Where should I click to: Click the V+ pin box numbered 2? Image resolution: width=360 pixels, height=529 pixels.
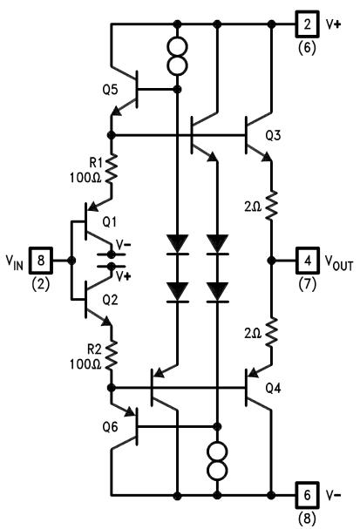click(x=307, y=24)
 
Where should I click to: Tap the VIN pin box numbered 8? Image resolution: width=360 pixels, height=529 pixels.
click(x=41, y=260)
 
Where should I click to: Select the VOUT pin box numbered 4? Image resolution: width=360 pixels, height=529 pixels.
click(x=308, y=260)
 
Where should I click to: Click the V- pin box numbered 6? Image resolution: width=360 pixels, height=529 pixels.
click(x=308, y=495)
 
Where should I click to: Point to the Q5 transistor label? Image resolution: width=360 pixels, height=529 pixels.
click(x=111, y=90)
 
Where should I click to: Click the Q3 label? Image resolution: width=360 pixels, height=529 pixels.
click(x=273, y=135)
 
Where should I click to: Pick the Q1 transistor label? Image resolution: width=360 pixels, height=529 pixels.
click(x=110, y=222)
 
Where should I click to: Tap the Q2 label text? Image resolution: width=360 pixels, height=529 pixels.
click(x=111, y=300)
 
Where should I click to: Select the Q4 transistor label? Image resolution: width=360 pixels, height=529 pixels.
click(x=273, y=388)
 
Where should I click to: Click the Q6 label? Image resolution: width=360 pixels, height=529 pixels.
click(x=111, y=427)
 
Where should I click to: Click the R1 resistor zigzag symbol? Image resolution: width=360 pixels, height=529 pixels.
click(x=112, y=169)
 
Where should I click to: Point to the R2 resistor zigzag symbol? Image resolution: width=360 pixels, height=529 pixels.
click(x=112, y=356)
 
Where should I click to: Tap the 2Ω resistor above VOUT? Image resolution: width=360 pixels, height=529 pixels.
click(x=271, y=205)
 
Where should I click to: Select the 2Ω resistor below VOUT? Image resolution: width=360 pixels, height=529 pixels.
click(x=271, y=332)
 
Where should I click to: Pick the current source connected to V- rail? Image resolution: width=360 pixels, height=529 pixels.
click(x=218, y=460)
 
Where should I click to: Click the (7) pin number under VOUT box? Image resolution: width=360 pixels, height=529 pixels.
click(x=308, y=284)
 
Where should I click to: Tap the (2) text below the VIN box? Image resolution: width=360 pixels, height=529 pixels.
click(x=40, y=284)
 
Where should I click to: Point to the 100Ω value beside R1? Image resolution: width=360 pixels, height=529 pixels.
click(x=85, y=178)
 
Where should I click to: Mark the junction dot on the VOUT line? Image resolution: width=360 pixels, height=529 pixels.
click(x=271, y=260)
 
